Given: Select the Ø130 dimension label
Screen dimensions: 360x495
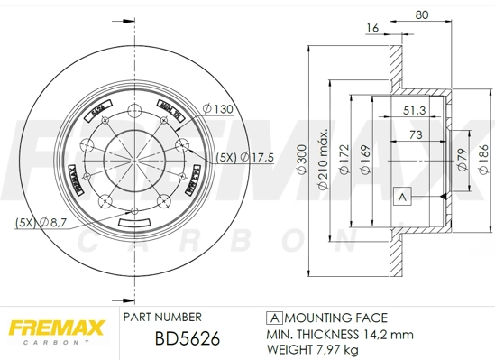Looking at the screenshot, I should click(218, 108).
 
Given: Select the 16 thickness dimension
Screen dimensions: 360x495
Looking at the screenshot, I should click(371, 30).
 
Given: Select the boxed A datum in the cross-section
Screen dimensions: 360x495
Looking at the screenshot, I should click(402, 196).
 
